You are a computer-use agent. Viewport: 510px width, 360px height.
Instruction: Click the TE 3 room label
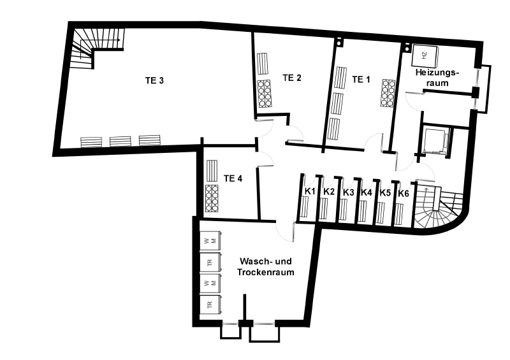tap(154, 80)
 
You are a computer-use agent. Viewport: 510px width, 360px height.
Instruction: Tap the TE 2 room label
tap(292, 78)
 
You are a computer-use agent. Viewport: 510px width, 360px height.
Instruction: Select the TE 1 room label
tap(361, 80)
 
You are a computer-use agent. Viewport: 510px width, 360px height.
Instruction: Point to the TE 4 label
tap(233, 178)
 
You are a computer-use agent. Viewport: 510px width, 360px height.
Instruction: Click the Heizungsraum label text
tap(437, 77)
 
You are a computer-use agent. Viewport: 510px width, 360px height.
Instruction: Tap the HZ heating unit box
tap(425, 55)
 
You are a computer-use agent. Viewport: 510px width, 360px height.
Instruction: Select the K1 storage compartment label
tap(310, 191)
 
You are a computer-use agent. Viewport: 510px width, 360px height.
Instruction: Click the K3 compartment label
tap(348, 192)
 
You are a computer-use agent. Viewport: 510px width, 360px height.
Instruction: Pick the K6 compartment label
tap(404, 194)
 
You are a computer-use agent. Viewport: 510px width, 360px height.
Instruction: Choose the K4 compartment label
tap(366, 192)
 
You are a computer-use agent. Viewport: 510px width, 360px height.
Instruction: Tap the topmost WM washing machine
tap(210, 241)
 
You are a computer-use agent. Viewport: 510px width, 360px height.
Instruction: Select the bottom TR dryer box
tap(210, 305)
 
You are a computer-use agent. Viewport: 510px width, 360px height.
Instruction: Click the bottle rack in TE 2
tap(265, 94)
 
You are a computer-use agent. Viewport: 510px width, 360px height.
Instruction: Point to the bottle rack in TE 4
tap(212, 198)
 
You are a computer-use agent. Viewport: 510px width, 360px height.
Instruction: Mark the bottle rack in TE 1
tap(388, 92)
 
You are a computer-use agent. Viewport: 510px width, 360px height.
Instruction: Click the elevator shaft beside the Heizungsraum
tap(435, 141)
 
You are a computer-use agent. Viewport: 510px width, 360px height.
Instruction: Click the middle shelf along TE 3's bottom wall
tap(120, 141)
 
